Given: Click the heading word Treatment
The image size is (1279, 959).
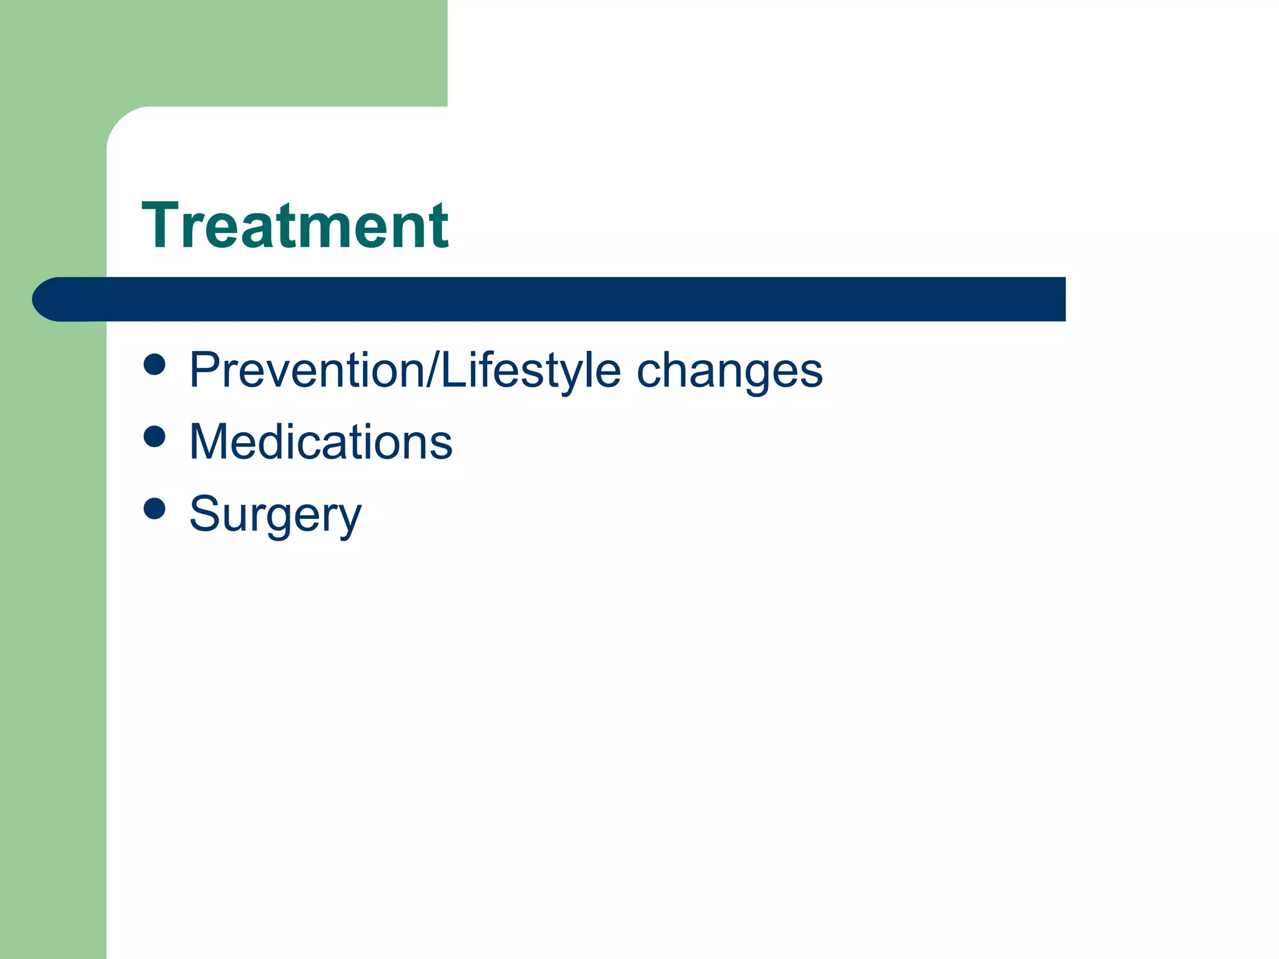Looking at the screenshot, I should (x=295, y=226).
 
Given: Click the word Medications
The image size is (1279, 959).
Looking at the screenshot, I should (x=320, y=442).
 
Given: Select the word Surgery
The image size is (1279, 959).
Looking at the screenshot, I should (x=275, y=514).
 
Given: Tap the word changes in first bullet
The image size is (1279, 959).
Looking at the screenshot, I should (x=729, y=371).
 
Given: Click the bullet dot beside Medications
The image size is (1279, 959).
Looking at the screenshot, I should (x=154, y=436).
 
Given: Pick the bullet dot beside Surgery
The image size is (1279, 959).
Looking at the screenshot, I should (x=154, y=508).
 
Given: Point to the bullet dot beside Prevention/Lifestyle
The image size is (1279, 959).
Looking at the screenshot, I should (x=154, y=364).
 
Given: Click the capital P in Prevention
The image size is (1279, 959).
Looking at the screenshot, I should (x=205, y=370).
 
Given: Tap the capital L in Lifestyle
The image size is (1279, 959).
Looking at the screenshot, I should (x=452, y=370).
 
